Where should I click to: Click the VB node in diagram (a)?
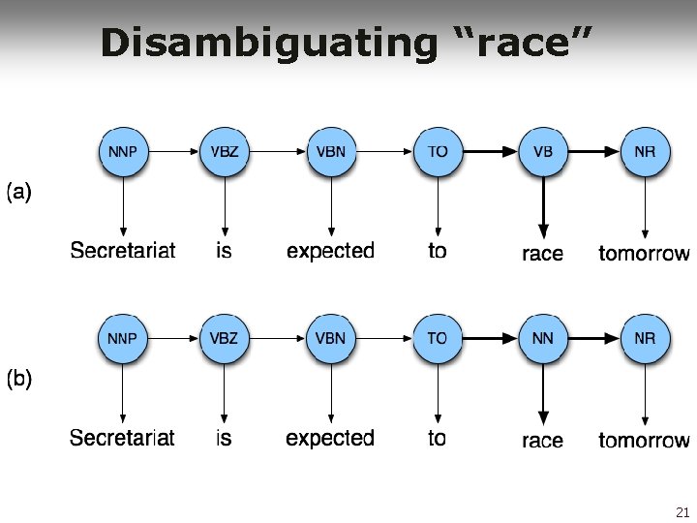point(543,152)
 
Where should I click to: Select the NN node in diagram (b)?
point(543,338)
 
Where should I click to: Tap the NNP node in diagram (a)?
point(123,152)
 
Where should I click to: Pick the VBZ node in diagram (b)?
point(224,338)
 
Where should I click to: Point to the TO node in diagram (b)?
point(438,338)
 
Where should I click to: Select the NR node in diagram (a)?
point(645,152)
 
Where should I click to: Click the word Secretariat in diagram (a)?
point(123,251)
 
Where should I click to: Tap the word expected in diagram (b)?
point(330,438)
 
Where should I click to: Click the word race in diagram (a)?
point(542,254)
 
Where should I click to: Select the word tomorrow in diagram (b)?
point(644,441)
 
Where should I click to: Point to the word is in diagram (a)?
point(224,251)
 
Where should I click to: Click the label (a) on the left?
point(20,192)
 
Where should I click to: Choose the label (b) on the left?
point(20,379)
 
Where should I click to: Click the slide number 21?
point(682,512)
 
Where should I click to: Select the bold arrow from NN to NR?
point(593,338)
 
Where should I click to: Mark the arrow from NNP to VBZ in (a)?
point(173,152)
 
